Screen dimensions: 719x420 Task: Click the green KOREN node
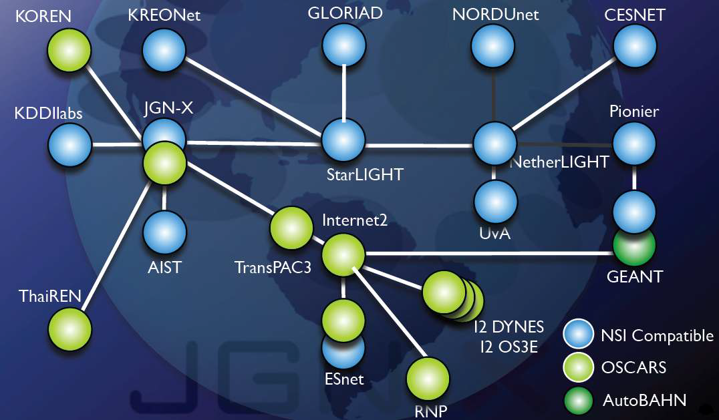point(69,50)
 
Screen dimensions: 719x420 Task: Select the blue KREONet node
point(164,50)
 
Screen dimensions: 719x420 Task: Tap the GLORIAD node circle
point(344,45)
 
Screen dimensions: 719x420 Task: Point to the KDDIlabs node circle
point(69,145)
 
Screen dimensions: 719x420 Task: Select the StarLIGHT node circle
point(343,140)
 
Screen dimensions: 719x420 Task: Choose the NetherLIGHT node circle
point(495,144)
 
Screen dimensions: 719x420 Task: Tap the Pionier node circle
point(635,144)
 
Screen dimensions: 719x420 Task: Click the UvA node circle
point(496,202)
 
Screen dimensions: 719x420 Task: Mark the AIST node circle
point(164,232)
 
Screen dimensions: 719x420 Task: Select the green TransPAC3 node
point(291,228)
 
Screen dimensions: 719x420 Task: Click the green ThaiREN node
point(69,329)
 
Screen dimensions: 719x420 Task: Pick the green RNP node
point(428,379)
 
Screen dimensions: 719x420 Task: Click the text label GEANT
point(635,276)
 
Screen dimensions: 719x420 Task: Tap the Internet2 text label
point(354,220)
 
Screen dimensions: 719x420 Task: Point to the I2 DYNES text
point(509,327)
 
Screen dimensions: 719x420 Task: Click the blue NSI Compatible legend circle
point(579,334)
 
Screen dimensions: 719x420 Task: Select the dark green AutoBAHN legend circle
point(579,401)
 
